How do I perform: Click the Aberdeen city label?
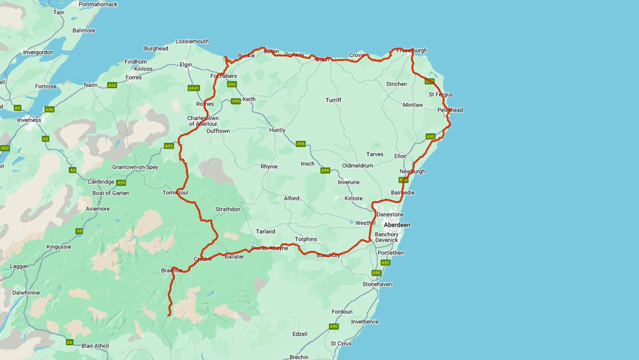click(397, 225)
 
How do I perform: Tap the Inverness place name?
click(29, 120)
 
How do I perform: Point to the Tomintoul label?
click(175, 192)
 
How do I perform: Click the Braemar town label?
click(172, 270)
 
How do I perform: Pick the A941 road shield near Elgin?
click(193, 88)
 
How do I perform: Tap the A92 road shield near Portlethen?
click(385, 262)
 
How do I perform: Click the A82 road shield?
click(5, 148)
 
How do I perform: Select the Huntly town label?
click(277, 130)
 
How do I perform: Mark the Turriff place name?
click(333, 100)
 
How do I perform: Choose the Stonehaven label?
click(377, 284)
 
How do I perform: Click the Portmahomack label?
click(99, 4)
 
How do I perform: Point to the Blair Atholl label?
click(96, 346)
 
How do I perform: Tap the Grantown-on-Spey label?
click(135, 167)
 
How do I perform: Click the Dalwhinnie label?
click(27, 292)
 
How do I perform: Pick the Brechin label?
click(299, 357)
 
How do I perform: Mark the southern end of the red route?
click(169, 315)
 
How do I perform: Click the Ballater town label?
click(234, 256)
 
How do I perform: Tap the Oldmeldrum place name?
click(357, 166)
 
